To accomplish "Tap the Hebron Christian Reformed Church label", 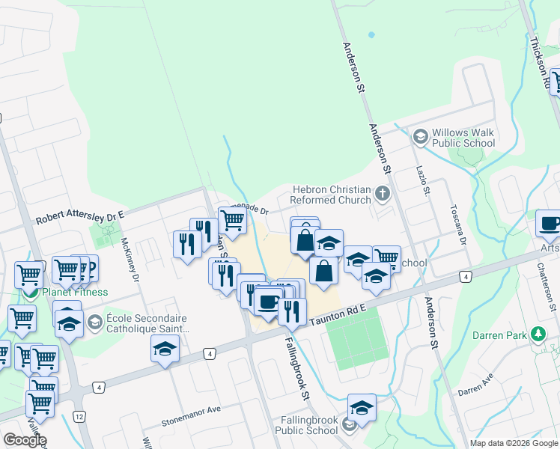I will (332, 195).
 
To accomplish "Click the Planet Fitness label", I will (75, 292).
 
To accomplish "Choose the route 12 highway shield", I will (79, 415).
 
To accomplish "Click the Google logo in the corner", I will (25, 440).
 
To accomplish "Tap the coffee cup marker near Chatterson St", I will (550, 224).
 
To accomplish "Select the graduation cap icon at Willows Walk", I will (421, 135).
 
